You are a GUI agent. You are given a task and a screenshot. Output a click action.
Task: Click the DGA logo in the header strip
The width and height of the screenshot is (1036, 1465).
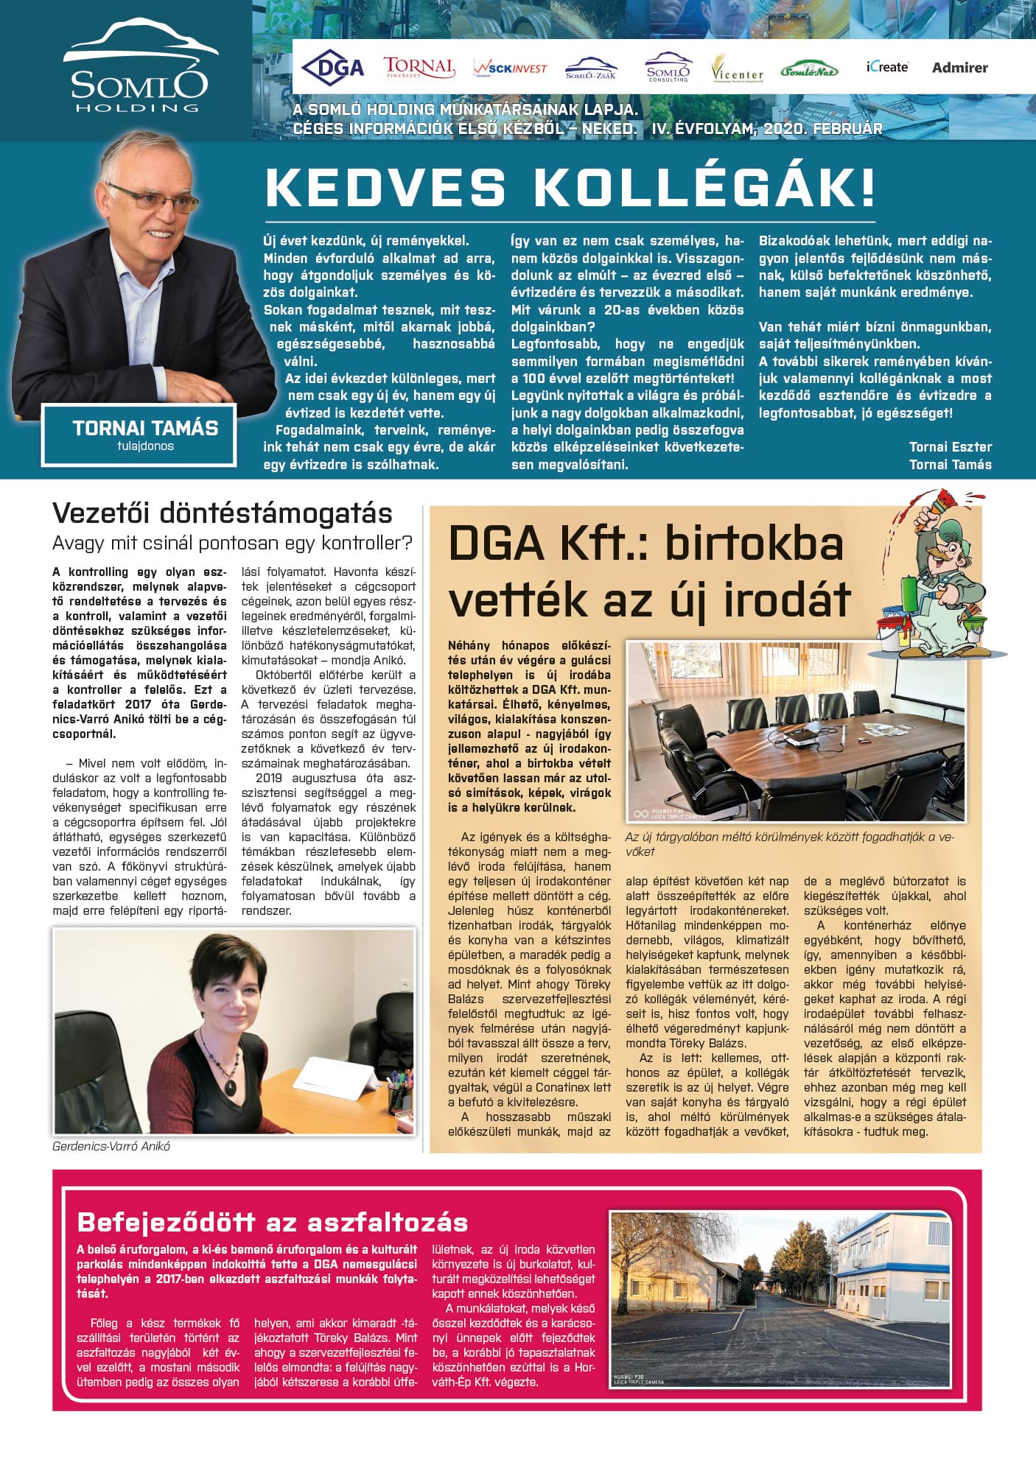pos(333,68)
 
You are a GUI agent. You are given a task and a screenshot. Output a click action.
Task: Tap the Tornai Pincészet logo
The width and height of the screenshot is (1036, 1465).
pos(419,67)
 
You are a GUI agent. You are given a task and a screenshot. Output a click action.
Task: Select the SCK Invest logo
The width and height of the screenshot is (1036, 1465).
pos(510,68)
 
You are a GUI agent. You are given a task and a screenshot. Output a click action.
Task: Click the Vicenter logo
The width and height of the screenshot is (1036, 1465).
pos(737,69)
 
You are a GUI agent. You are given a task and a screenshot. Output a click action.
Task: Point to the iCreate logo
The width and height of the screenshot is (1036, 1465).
pos(886,67)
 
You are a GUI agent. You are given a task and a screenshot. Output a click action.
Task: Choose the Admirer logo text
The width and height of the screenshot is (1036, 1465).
pos(959,68)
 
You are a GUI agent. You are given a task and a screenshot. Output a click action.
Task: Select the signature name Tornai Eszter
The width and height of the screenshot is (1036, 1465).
pos(950,447)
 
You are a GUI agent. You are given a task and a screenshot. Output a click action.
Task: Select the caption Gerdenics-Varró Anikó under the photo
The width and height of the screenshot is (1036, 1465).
pos(111,1147)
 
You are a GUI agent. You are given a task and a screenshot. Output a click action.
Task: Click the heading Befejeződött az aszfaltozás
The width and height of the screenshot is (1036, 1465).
pos(273,1223)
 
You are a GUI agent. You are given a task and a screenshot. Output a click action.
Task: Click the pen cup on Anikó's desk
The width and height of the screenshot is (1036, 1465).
pos(399,1098)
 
